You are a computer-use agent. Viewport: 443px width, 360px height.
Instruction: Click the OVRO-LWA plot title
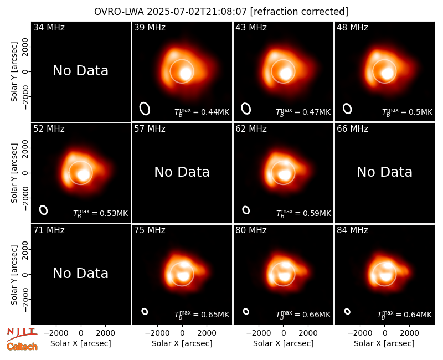tap(221, 12)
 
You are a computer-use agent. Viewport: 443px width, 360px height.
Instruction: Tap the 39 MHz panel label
tap(150, 27)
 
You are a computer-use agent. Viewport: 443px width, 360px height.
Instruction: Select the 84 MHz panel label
tap(352, 230)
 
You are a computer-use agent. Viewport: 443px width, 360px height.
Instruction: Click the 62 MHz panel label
tap(251, 129)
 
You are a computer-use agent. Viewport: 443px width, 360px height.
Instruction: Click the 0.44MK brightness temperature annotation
tap(202, 112)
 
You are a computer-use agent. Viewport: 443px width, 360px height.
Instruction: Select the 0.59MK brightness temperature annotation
tap(303, 213)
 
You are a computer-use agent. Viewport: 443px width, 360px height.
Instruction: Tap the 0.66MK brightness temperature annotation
tap(303, 315)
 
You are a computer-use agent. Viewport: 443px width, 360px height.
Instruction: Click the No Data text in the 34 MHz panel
tap(81, 71)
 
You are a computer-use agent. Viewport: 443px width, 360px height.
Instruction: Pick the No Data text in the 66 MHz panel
tap(384, 172)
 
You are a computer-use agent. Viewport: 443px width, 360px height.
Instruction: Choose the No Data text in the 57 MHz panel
tap(182, 172)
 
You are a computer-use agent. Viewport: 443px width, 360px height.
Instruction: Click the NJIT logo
tap(22, 333)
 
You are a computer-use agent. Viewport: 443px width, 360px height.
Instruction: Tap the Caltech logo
tap(22, 347)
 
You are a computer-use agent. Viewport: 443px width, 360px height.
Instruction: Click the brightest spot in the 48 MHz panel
tap(387, 74)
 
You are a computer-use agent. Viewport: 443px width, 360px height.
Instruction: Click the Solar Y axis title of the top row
tap(14, 72)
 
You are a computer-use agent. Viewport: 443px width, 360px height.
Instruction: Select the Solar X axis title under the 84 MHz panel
tap(384, 343)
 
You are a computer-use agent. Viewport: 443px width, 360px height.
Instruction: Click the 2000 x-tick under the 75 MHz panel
tap(207, 333)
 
